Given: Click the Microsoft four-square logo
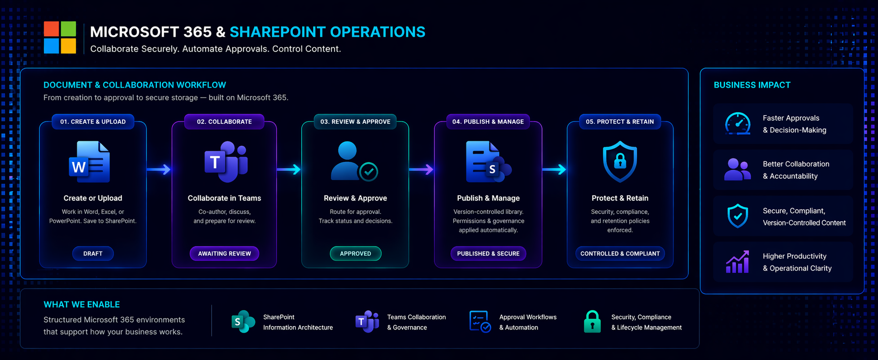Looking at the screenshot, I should pos(60,38).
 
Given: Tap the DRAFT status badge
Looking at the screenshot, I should pos(93,253).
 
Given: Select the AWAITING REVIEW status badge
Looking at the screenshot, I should pos(224,253).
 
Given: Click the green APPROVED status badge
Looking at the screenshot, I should pos(356,253).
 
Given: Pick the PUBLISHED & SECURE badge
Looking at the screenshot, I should pos(488,253).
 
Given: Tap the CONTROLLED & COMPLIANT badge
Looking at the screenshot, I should pos(620,253).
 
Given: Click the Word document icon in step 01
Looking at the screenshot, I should pos(90,162).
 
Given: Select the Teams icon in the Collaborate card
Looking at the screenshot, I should pos(226,162).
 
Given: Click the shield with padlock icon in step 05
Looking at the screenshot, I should pos(620,161).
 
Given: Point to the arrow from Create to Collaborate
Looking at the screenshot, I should pos(159,169).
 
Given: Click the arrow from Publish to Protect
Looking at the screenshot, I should pos(554,169).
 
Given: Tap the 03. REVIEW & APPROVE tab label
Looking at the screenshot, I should pos(355,121).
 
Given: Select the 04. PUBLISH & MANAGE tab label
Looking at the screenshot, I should pos(488,121).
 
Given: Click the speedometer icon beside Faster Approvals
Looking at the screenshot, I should pos(738,124).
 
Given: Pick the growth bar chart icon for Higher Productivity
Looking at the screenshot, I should pos(738,262).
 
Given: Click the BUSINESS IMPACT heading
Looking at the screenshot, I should pos(752,85).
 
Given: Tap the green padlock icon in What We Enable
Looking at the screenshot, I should pos(592,321).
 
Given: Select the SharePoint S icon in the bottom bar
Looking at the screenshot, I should pos(243,321).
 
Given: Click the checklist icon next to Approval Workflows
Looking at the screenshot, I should pos(479,321).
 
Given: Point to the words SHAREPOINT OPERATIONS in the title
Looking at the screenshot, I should pos(327,32).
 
